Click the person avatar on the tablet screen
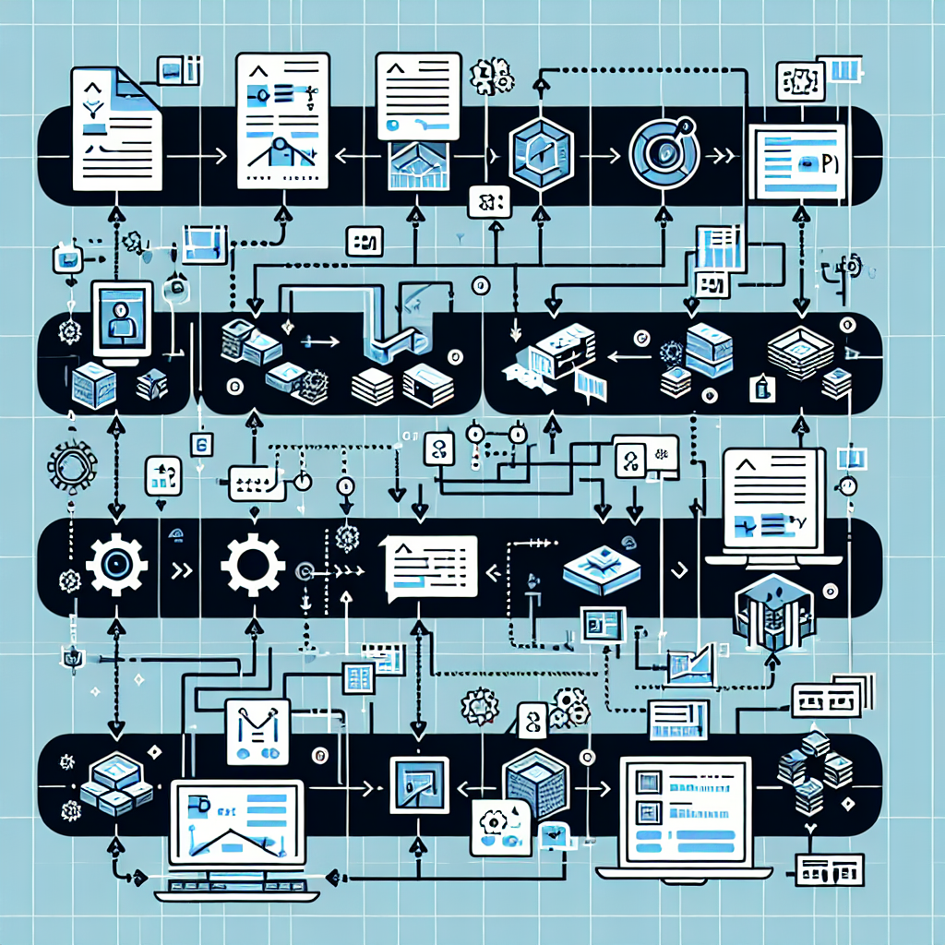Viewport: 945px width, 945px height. tap(121, 318)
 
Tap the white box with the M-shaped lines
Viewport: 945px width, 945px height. tap(257, 730)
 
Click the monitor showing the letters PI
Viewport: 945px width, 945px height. tap(799, 163)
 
